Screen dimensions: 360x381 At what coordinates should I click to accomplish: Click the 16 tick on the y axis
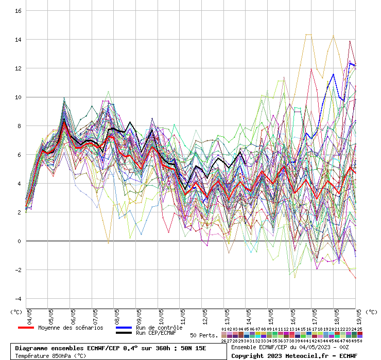tap(18, 11)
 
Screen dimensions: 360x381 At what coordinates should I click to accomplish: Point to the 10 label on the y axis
tap(18, 97)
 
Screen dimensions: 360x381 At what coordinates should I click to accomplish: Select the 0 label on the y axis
tap(19, 241)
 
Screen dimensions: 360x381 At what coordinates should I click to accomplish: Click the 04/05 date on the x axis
tap(29, 315)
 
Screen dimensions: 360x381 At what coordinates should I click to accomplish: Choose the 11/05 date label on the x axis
tap(183, 315)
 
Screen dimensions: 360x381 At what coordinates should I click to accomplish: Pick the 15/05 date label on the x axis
tap(270, 315)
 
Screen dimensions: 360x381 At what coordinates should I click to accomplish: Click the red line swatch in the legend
tap(26, 328)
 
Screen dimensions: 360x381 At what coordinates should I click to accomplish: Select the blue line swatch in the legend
tap(124, 328)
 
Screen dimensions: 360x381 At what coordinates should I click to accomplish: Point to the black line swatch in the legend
tap(124, 333)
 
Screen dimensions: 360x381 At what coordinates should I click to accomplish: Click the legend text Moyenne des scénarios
tap(71, 328)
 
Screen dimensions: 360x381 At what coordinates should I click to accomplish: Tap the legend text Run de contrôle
tap(159, 328)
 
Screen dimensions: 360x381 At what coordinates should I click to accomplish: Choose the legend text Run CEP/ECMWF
tap(156, 333)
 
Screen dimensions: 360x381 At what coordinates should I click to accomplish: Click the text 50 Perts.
tap(203, 335)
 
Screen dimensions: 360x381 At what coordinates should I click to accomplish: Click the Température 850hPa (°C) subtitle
tap(50, 355)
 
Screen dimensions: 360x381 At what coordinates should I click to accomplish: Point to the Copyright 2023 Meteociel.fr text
tap(294, 355)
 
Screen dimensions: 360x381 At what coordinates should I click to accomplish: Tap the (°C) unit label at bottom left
tap(16, 312)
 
